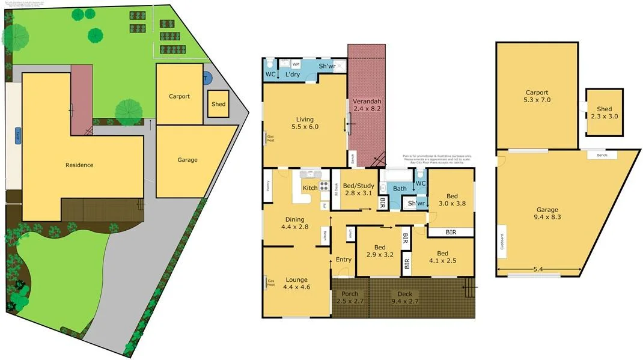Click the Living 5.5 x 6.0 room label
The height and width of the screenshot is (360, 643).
(304, 123)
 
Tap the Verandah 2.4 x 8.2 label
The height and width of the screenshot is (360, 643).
(367, 105)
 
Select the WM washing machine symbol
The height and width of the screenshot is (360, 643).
(296, 63)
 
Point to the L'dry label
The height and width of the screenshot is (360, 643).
(293, 75)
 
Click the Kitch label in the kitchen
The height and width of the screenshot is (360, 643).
(310, 188)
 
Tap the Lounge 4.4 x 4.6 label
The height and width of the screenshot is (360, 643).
(296, 284)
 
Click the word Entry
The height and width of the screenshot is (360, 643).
(344, 260)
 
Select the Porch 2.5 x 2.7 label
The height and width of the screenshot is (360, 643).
(350, 297)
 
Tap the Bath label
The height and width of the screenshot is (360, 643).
(400, 189)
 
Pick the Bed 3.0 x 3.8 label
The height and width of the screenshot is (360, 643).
(451, 200)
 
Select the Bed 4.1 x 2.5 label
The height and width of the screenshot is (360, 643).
(443, 257)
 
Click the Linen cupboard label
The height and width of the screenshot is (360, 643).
(349, 233)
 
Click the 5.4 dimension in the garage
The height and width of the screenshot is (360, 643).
(537, 269)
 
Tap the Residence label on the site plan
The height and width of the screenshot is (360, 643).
(79, 165)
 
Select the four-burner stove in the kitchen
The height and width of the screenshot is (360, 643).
(324, 186)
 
